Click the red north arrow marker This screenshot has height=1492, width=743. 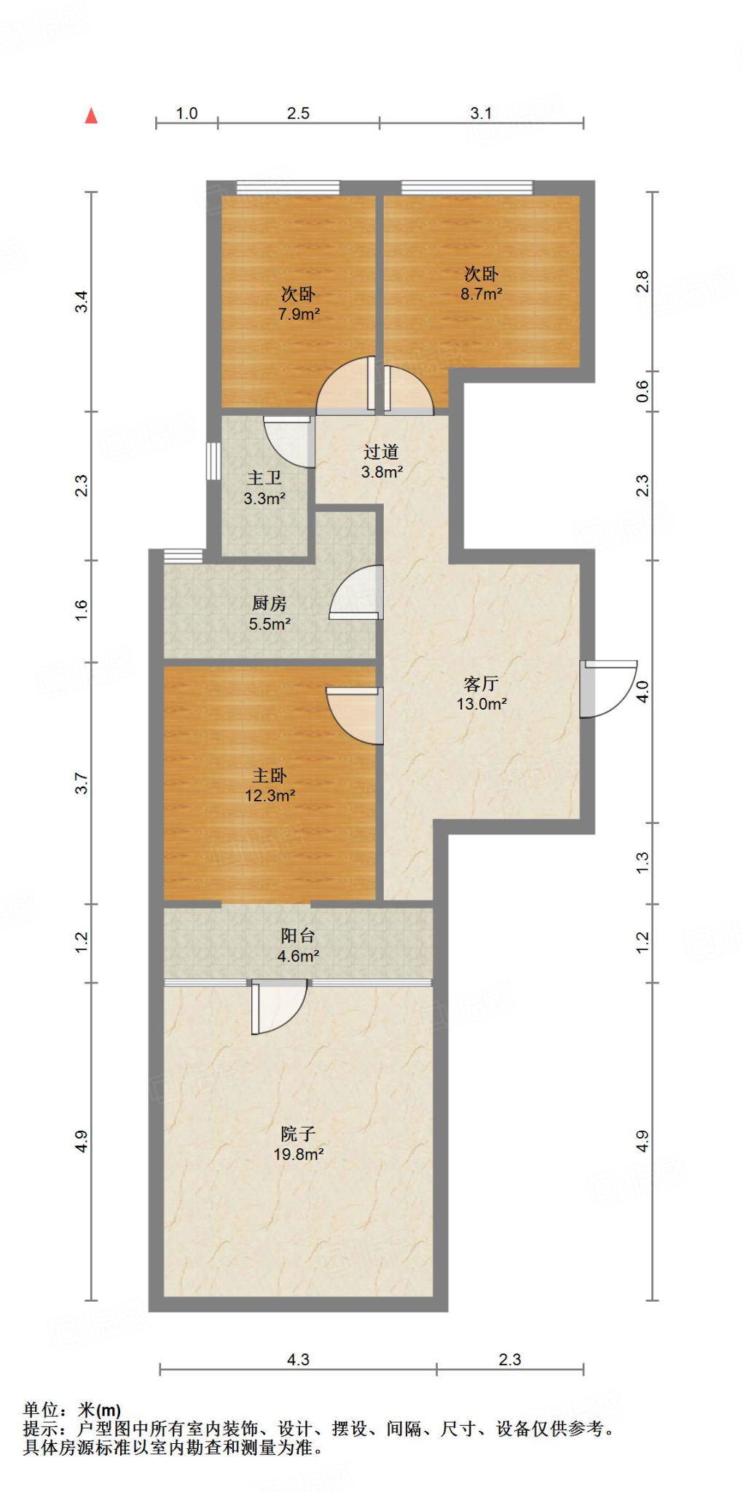(x=91, y=115)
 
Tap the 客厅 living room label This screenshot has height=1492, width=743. (x=481, y=683)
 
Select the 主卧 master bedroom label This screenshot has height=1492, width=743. (x=270, y=776)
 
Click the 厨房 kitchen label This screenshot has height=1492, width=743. (x=270, y=603)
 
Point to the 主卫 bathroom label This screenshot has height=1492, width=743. (x=264, y=478)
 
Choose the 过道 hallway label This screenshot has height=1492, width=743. (x=381, y=452)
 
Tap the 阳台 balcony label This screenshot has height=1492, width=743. (x=298, y=935)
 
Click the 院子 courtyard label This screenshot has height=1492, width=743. (x=298, y=1134)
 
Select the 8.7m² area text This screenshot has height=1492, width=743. (x=481, y=294)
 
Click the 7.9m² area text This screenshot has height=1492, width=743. (x=299, y=315)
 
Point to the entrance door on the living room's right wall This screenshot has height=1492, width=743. (x=608, y=688)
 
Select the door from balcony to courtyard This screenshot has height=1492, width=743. (x=279, y=1007)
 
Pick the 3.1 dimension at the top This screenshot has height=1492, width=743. (x=481, y=114)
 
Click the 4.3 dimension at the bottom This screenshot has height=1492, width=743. (x=298, y=1359)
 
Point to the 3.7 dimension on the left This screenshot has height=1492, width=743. (x=82, y=784)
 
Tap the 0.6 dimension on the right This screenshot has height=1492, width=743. (x=642, y=392)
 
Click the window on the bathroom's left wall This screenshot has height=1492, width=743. (x=213, y=461)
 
